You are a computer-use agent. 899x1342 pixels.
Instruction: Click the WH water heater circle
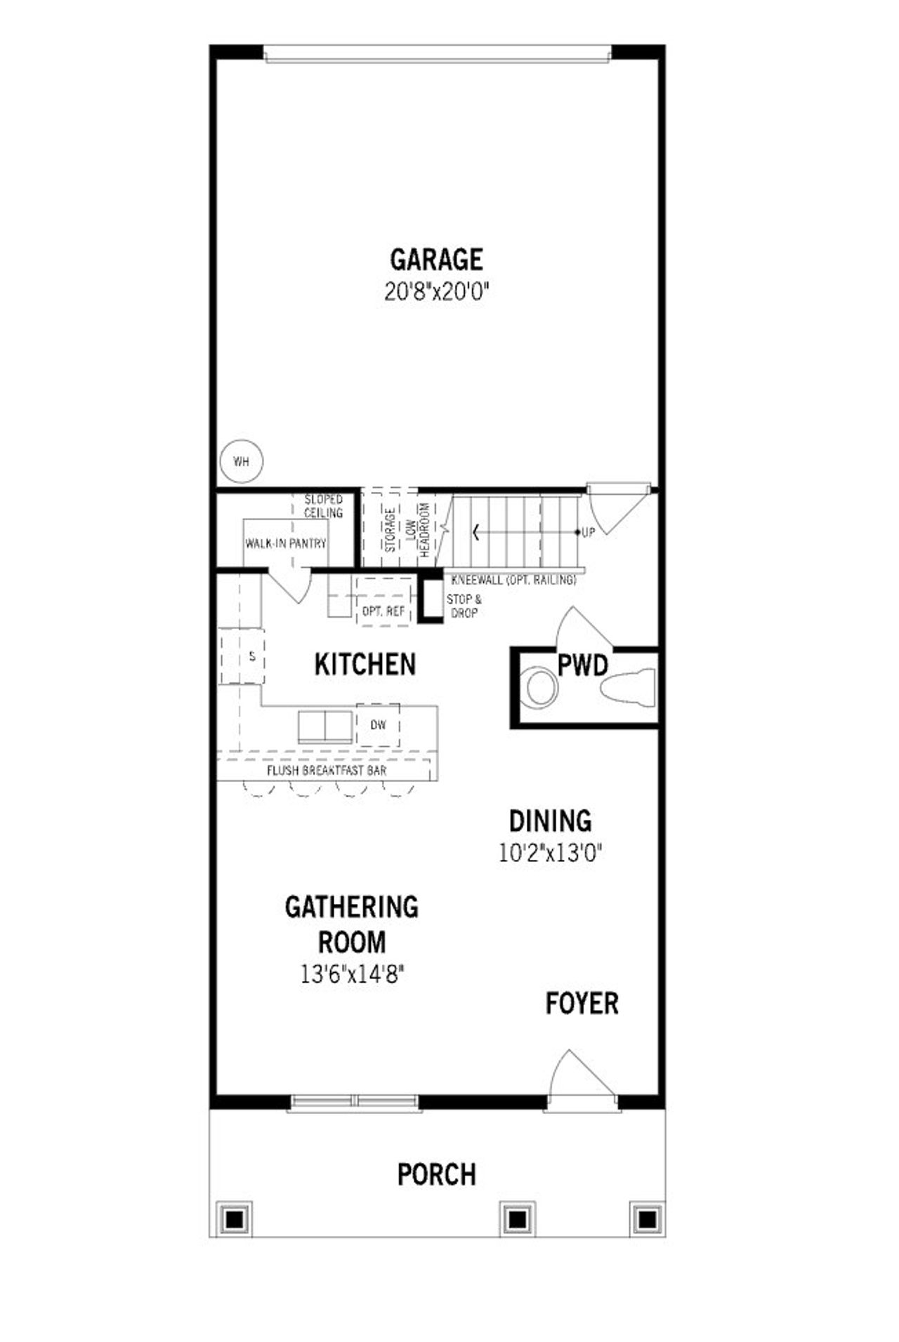(241, 462)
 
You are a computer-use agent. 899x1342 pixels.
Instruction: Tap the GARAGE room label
(436, 260)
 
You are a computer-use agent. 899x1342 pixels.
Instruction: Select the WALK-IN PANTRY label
(286, 543)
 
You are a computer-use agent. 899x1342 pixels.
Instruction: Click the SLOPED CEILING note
(323, 506)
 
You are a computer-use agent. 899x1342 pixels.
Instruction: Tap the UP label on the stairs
(588, 533)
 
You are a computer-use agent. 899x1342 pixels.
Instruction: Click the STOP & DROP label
(464, 606)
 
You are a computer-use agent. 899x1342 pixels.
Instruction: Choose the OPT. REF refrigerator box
(383, 611)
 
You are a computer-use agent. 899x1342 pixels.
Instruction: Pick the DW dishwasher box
(378, 725)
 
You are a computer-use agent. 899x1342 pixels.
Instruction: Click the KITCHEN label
(365, 664)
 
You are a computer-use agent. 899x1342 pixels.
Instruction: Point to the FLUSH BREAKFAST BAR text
(327, 771)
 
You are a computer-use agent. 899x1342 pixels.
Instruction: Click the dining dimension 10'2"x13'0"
(551, 853)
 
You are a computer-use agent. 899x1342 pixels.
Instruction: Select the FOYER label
(582, 1004)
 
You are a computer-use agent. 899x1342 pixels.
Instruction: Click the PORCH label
(436, 1174)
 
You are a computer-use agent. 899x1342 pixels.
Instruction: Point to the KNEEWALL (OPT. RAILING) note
(514, 580)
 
